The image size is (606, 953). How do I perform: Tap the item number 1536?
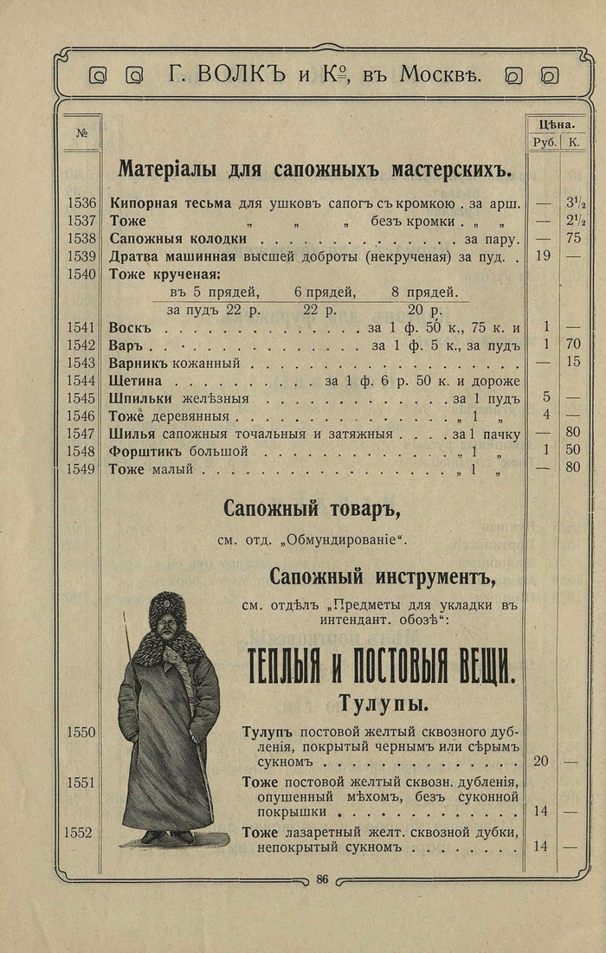[81, 203]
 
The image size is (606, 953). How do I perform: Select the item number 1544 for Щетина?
[81, 381]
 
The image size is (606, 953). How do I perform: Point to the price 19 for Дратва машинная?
[541, 256]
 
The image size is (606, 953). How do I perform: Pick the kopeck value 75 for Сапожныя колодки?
[572, 239]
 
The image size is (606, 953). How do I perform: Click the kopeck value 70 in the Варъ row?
[572, 345]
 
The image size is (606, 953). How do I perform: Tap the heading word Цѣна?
[558, 124]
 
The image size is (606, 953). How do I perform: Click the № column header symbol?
[82, 133]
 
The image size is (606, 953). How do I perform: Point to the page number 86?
[322, 879]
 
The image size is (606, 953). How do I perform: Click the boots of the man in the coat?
[167, 836]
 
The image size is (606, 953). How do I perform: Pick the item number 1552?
[78, 833]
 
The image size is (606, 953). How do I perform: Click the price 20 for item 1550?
[541, 763]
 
